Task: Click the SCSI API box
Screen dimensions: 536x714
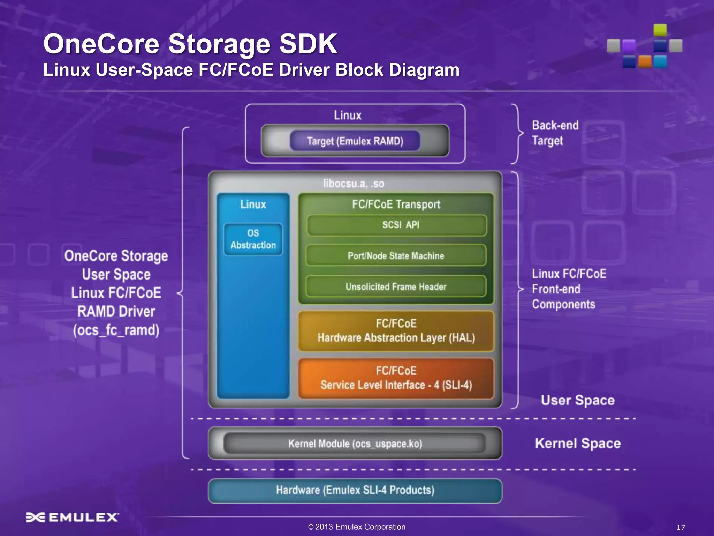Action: pyautogui.click(x=397, y=225)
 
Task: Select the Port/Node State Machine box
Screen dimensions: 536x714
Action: pyautogui.click(x=396, y=256)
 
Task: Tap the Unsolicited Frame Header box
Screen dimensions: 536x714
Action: pyautogui.click(x=396, y=287)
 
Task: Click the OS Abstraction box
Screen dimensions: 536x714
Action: pyautogui.click(x=253, y=239)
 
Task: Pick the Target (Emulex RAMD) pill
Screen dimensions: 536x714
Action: pyautogui.click(x=355, y=141)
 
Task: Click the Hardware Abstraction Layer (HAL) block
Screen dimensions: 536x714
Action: pyautogui.click(x=396, y=331)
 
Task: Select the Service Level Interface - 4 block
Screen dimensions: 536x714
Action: pyautogui.click(x=396, y=378)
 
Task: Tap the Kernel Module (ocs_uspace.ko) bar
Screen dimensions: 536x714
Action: pyautogui.click(x=355, y=444)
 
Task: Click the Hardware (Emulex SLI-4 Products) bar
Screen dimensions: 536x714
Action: pyautogui.click(x=355, y=490)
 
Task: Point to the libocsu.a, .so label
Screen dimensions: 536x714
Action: pyautogui.click(x=354, y=184)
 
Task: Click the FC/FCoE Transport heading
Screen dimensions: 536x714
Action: pyautogui.click(x=396, y=204)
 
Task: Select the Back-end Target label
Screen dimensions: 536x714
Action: pyautogui.click(x=555, y=133)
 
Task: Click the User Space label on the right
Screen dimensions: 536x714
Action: pyautogui.click(x=578, y=400)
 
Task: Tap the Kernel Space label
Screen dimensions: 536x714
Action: pyautogui.click(x=578, y=444)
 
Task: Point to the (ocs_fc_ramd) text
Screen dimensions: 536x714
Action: pyautogui.click(x=116, y=330)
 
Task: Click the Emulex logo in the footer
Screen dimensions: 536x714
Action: pyautogui.click(x=73, y=517)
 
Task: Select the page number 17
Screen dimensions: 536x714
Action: pyautogui.click(x=681, y=527)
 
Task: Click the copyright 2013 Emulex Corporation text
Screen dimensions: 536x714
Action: pyautogui.click(x=357, y=527)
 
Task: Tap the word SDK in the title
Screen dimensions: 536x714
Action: pyautogui.click(x=308, y=44)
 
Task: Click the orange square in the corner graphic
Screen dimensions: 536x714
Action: pyautogui.click(x=645, y=62)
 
